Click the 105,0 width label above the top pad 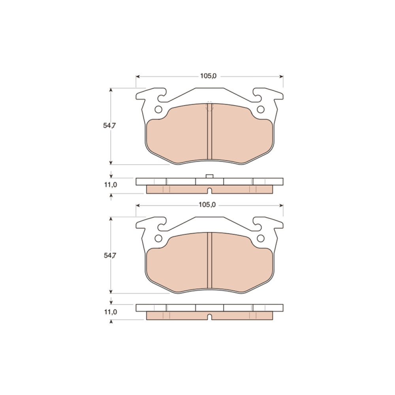pyautogui.click(x=208, y=76)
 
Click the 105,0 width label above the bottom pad pyautogui.click(x=207, y=205)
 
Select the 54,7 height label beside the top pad pyautogui.click(x=109, y=126)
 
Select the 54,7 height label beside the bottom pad pyautogui.click(x=110, y=256)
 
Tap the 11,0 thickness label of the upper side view pyautogui.click(x=111, y=185)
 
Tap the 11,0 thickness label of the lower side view pyautogui.click(x=111, y=312)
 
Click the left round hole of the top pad pyautogui.click(x=158, y=109)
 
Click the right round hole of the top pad pyautogui.click(x=260, y=109)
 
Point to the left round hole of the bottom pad pyautogui.click(x=158, y=238)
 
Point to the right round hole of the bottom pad pyautogui.click(x=260, y=238)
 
